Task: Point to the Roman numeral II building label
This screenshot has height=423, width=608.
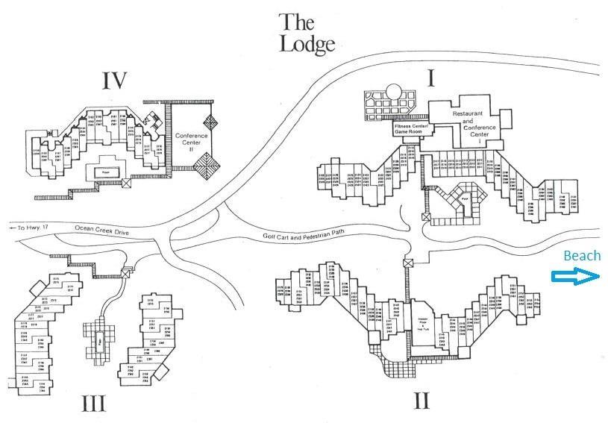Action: point(421,401)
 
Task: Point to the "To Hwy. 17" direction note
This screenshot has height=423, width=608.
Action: point(27,227)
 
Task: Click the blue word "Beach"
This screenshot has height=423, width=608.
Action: point(581,256)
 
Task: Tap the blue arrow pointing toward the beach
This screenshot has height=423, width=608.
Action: point(575,277)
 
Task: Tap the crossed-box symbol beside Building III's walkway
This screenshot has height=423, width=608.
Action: point(125,273)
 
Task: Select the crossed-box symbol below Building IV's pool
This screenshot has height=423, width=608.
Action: point(127,181)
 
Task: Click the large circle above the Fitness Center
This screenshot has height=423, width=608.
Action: point(394,94)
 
